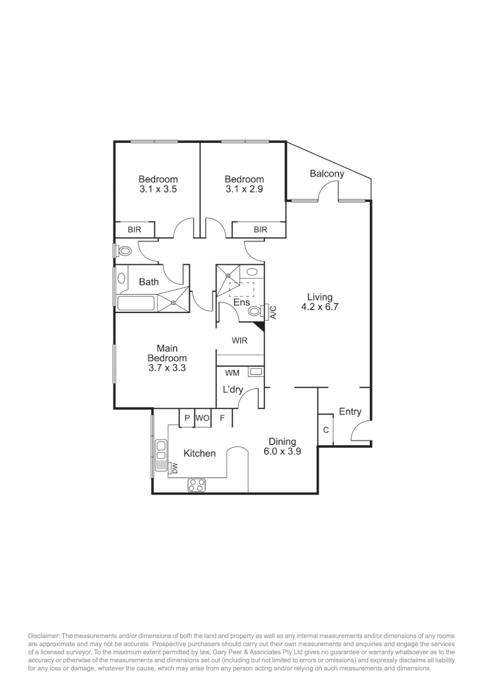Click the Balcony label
327,174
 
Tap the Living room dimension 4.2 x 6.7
320,307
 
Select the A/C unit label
273,312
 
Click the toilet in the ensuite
255,311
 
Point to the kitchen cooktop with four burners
197,485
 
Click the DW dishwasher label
174,468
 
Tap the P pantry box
187,418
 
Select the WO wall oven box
202,418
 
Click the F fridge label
222,418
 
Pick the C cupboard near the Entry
326,430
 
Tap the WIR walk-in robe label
240,340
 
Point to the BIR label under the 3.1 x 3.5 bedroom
134,230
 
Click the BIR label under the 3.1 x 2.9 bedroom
260,230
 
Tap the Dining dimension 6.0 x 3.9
282,452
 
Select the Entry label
350,412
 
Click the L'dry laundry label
233,390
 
